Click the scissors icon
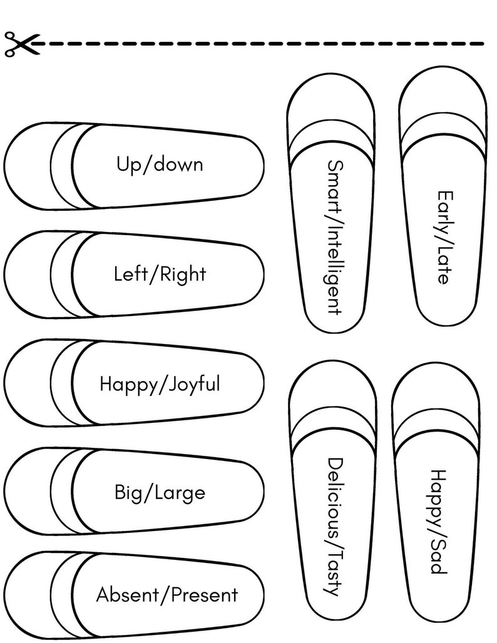point(18,44)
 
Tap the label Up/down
point(160,165)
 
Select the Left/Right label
point(160,274)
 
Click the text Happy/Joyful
point(160,383)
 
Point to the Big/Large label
point(160,493)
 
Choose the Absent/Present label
point(167,595)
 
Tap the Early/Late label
point(444,238)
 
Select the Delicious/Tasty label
point(336,527)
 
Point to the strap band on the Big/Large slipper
point(63,492)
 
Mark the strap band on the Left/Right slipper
point(63,275)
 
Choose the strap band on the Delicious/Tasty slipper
point(332,429)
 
